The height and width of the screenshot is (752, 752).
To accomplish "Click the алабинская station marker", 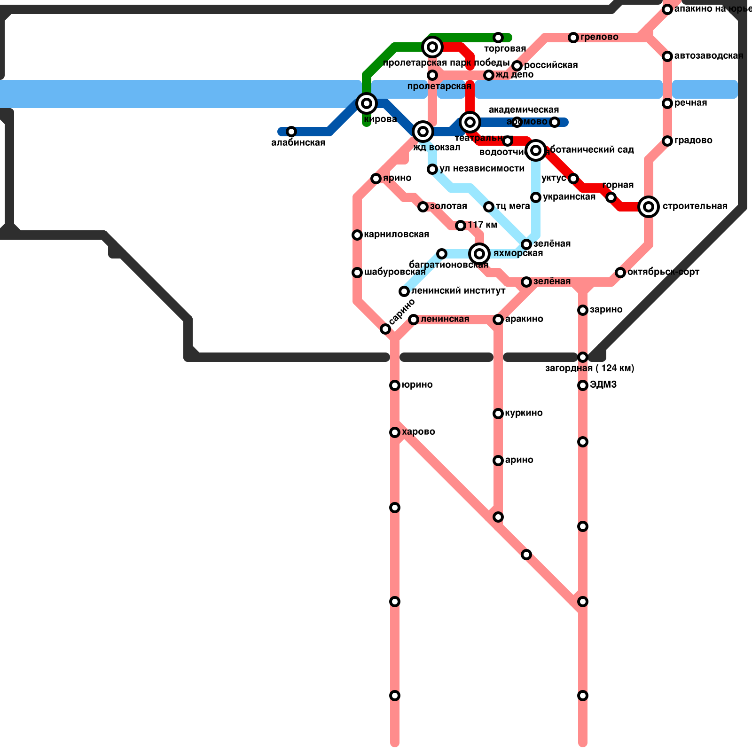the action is point(291,132).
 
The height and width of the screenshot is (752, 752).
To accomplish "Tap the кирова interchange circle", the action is point(367,103).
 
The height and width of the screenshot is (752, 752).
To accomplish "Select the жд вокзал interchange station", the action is point(423,132).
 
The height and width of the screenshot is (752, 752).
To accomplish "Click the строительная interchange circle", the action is point(649,207).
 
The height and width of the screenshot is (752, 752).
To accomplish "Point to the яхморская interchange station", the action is point(479,254).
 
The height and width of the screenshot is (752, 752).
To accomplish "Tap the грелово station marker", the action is point(573,38).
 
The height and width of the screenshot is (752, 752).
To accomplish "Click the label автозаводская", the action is point(708,56).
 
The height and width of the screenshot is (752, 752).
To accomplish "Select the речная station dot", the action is point(667,103).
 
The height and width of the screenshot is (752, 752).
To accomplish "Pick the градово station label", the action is point(693,141).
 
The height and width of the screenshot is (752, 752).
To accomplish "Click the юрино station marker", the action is point(395,385).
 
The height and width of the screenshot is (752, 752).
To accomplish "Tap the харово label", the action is point(418,432).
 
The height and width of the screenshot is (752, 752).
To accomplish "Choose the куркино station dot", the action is point(498,414).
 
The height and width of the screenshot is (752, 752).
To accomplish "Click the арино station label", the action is point(519,460).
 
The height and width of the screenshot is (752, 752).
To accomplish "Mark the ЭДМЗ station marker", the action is point(583,385).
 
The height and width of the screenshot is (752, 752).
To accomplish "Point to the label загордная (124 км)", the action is point(589,368).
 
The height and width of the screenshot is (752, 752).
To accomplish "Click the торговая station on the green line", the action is point(498,38).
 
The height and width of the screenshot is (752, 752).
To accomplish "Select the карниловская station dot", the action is point(357,235).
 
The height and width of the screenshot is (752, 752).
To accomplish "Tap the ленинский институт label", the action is point(458,291).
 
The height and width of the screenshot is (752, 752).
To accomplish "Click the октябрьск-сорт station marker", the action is point(620,273).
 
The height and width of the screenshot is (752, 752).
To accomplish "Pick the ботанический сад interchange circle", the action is point(536,150).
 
